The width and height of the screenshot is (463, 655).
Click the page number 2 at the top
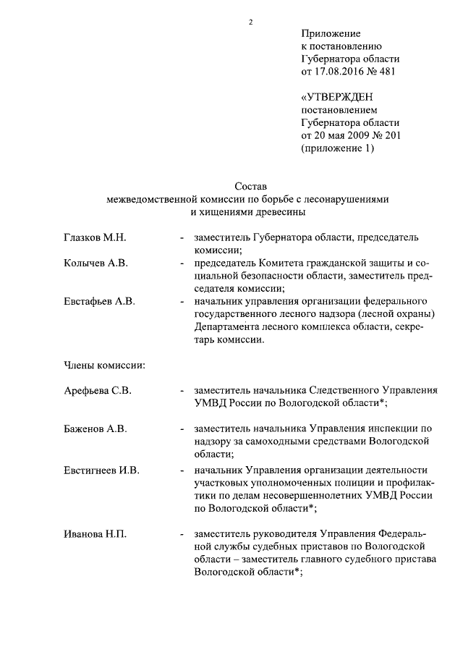tap(250, 22)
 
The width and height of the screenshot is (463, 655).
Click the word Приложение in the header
tap(331, 33)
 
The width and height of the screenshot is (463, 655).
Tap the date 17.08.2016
tap(339, 72)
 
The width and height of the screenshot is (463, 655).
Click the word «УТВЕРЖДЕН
tap(337, 97)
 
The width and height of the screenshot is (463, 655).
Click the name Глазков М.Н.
tap(95, 237)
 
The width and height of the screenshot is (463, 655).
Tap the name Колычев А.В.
tap(95, 263)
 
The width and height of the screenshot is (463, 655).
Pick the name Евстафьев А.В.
tap(100, 301)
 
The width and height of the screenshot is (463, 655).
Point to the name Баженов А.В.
tap(95, 428)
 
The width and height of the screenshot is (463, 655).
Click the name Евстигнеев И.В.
tap(102, 470)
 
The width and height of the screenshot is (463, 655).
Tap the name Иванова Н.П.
tap(95, 534)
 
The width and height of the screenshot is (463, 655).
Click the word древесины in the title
tap(281, 212)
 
